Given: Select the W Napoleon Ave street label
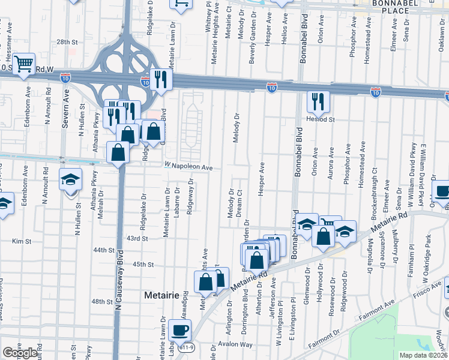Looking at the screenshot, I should (x=188, y=167).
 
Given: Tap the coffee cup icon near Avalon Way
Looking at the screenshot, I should (x=179, y=329).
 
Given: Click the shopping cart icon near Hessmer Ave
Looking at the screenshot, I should (x=23, y=63).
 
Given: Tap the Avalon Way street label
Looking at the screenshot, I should (x=235, y=344).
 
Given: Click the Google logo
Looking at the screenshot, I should (x=20, y=353).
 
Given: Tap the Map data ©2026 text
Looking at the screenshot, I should (x=423, y=355).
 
